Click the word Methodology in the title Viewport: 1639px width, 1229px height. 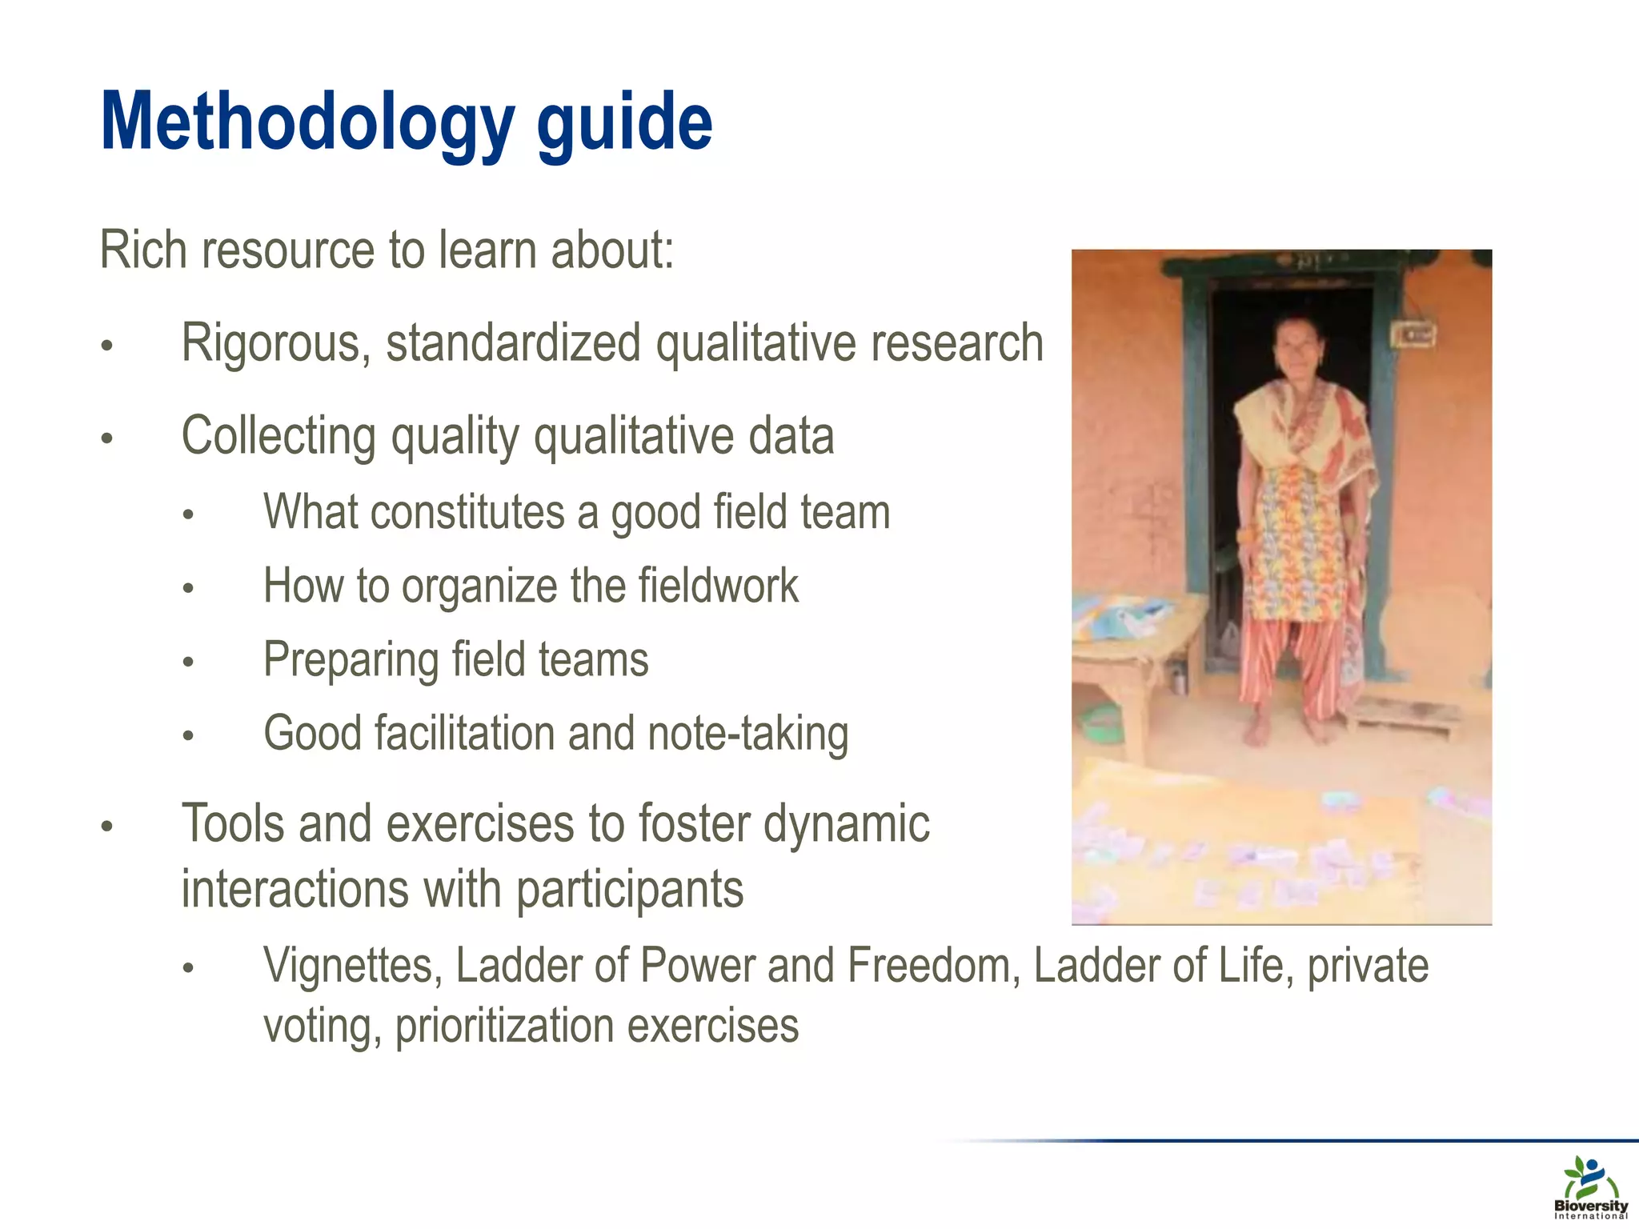(307, 122)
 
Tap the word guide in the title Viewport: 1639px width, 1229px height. (623, 122)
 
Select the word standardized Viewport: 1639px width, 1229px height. (512, 342)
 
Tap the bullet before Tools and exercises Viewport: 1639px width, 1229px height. (106, 826)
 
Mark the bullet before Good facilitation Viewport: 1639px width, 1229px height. (188, 735)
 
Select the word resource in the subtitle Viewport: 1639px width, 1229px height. (288, 250)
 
